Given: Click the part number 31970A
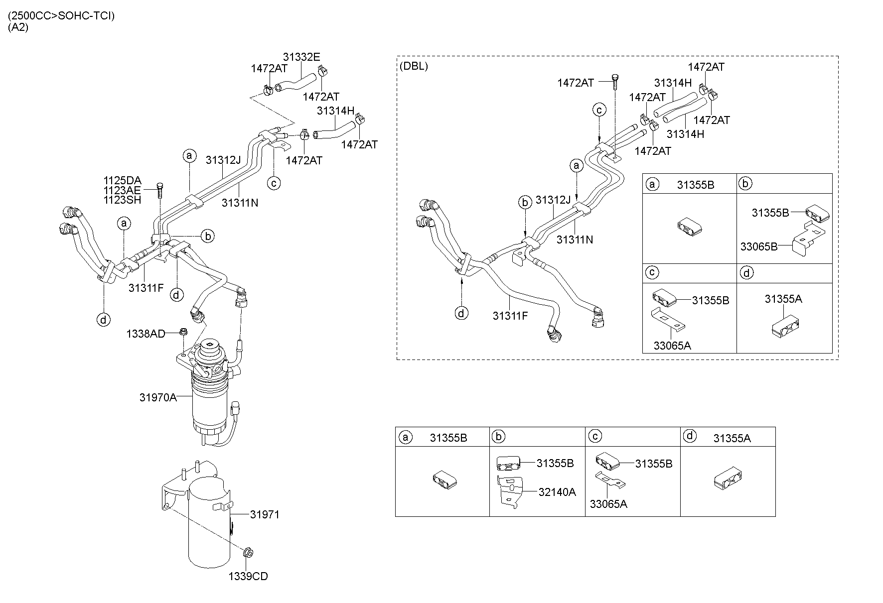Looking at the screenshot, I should pyautogui.click(x=158, y=397).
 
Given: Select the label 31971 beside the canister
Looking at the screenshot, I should pyautogui.click(x=265, y=514).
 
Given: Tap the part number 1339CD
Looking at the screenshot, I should pyautogui.click(x=248, y=576).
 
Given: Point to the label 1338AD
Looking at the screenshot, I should pyautogui.click(x=146, y=334).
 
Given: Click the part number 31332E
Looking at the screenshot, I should pyautogui.click(x=301, y=57).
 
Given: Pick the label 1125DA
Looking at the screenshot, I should pyautogui.click(x=123, y=180).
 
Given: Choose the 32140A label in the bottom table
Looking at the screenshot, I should pyautogui.click(x=557, y=492).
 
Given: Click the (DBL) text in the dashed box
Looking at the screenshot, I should pyautogui.click(x=414, y=66).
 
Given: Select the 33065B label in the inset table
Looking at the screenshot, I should pyautogui.click(x=758, y=246).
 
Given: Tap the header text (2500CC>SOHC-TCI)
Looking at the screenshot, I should pyautogui.click(x=61, y=16).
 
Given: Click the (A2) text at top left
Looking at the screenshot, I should pyautogui.click(x=18, y=28).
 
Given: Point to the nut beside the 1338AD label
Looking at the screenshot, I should pyautogui.click(x=182, y=332).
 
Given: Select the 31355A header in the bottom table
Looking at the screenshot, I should pyautogui.click(x=732, y=438).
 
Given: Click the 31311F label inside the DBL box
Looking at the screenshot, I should pyautogui.click(x=510, y=316).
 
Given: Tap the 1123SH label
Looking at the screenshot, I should pyautogui.click(x=123, y=200).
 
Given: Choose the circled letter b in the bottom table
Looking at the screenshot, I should pyautogui.click(x=498, y=437).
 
